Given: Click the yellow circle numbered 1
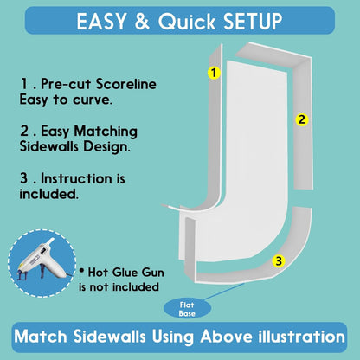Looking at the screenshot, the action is coord(214,73).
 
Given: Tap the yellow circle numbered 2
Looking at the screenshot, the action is coord(302,119).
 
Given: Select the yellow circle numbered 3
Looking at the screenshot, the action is coord(279,261).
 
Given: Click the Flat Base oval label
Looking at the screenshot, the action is coord(187,309).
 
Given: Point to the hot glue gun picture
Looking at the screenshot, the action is coord(42,263).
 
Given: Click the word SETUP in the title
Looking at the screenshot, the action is coord(253,21).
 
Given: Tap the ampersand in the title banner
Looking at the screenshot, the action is coord(142,21).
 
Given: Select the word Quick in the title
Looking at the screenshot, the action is coord(187,22).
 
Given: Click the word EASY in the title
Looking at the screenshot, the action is coord(101,21).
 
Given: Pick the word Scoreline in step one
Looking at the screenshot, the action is coord(126,84).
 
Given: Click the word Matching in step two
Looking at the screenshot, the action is coord(106,132).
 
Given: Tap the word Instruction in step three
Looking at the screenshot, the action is coord(76,178).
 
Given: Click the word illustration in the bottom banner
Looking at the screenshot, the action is coord(302,337).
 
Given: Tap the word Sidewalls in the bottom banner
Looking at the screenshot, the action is coord(109,337).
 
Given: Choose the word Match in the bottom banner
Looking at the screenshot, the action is coord(41,337).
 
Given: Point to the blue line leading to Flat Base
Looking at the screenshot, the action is coord(223,292).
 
